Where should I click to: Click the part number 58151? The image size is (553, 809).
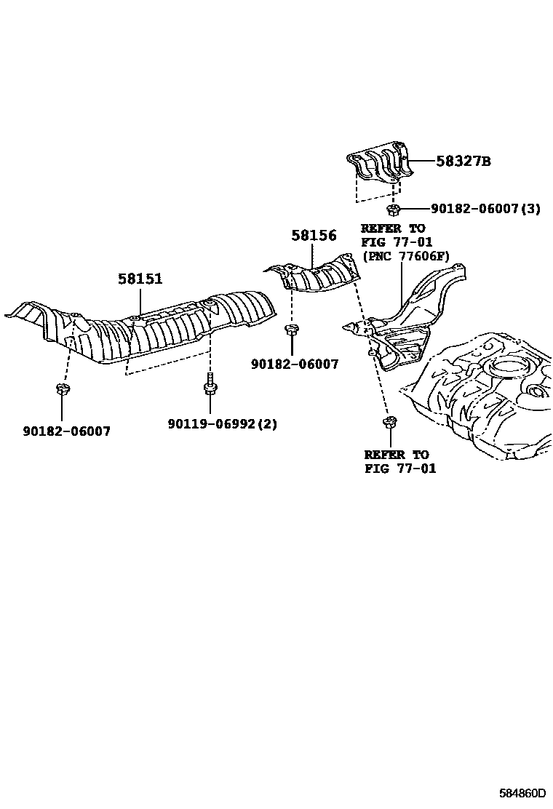(141, 279)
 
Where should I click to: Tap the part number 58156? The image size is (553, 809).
(314, 236)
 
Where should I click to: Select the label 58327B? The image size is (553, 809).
(464, 162)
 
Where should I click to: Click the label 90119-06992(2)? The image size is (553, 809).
(222, 424)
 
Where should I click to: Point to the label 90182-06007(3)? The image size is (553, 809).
(485, 209)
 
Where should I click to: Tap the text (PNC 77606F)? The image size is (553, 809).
(405, 256)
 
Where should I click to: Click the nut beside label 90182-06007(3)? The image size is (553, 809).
(394, 210)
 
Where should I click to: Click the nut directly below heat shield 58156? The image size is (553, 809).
(291, 331)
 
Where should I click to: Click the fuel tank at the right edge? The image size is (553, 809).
(488, 393)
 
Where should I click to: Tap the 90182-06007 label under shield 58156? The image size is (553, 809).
(294, 364)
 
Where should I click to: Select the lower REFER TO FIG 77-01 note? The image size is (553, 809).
(400, 462)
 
